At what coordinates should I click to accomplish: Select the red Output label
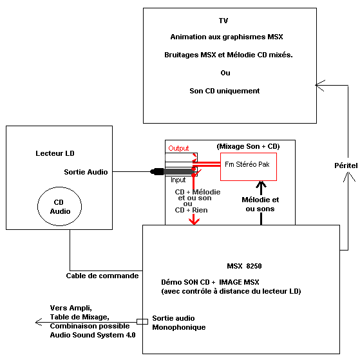point(178,148)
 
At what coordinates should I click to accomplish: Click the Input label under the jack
point(178,180)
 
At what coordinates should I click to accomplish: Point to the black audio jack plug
point(172,171)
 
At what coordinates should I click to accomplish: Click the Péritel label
point(346,166)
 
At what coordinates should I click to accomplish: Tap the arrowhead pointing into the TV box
point(320,86)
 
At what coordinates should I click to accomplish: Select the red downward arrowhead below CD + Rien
point(194,222)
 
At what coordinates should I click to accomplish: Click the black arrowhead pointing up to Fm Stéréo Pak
point(261,184)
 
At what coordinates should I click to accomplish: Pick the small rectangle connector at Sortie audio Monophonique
point(142,321)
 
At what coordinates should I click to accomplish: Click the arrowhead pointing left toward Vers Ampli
point(39,322)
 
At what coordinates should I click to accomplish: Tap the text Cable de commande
point(102,276)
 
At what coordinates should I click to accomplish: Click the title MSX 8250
point(244,266)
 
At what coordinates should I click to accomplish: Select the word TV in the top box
point(223,21)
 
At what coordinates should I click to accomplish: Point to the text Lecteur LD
point(55,153)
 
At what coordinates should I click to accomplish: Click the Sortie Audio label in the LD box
point(86,172)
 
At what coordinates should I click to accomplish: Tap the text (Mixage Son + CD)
point(248,146)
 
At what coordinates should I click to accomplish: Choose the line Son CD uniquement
point(225,91)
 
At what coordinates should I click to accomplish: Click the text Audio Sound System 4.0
point(93,335)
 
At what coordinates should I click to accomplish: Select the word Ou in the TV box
point(225,73)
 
